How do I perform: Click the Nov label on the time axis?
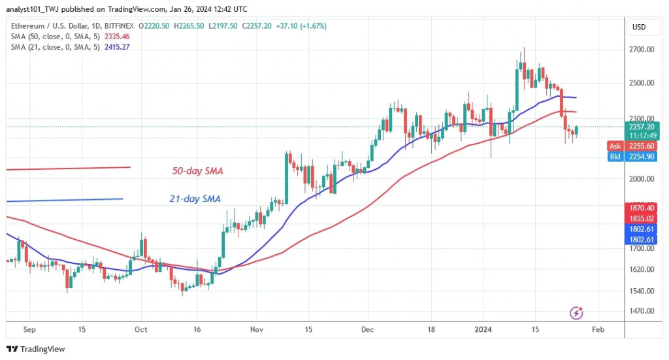256,330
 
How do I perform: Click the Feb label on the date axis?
597,330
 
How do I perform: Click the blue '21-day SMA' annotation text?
195,199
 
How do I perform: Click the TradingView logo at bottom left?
36,350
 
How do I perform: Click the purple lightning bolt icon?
576,313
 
